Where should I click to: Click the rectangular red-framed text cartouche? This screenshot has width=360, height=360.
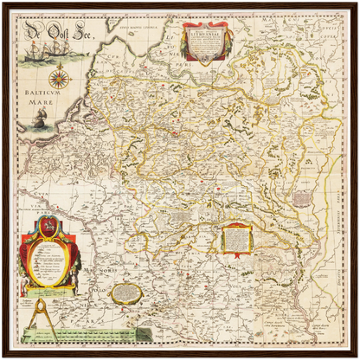[235, 237]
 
